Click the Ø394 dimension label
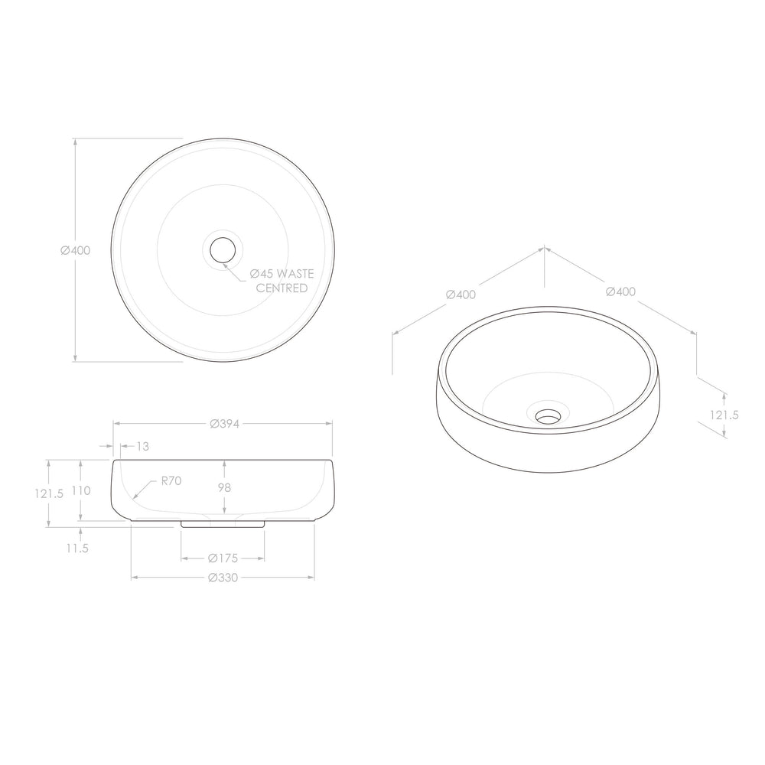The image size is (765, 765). pyautogui.click(x=224, y=424)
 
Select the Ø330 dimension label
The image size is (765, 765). pyautogui.click(x=223, y=578)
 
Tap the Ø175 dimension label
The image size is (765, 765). pyautogui.click(x=223, y=558)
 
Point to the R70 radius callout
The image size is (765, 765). pyautogui.click(x=171, y=481)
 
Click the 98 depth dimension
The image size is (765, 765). pyautogui.click(x=224, y=487)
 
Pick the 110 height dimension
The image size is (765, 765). pyautogui.click(x=81, y=490)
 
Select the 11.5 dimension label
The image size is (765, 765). pyautogui.click(x=77, y=549)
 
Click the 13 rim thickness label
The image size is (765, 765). pyautogui.click(x=143, y=447)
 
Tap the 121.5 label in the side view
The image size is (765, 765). pyautogui.click(x=49, y=493)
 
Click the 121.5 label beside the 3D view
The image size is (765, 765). pyautogui.click(x=724, y=415)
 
